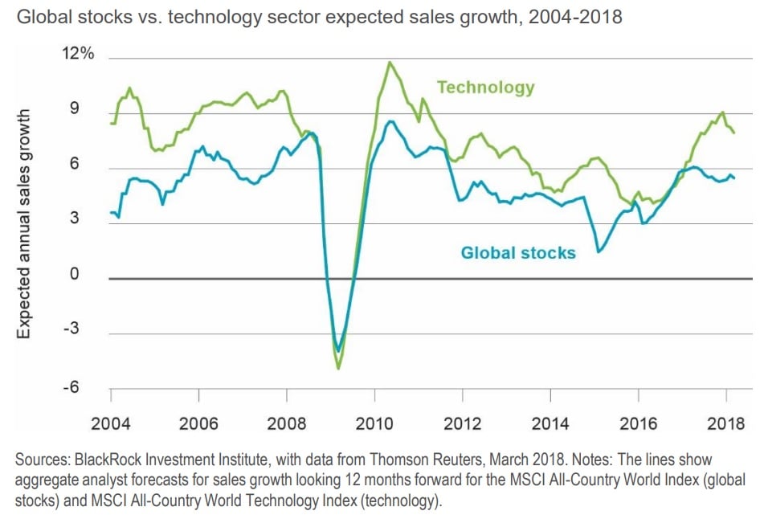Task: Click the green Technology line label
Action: click(x=485, y=87)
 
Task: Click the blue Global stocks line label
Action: click(x=518, y=252)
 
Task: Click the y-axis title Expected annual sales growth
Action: click(x=24, y=226)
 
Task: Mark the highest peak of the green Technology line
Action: click(x=390, y=62)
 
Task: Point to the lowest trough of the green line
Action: click(x=339, y=368)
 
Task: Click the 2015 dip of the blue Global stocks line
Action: click(x=599, y=252)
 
